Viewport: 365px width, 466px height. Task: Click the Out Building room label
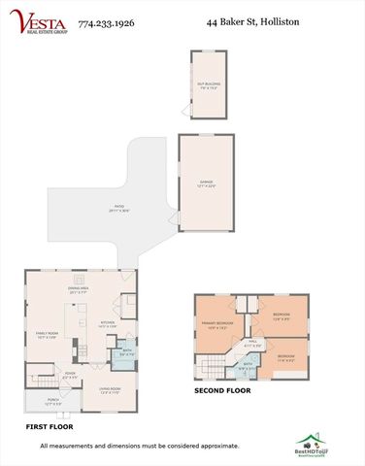[x=208, y=84]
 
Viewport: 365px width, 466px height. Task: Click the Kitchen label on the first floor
[x=108, y=323]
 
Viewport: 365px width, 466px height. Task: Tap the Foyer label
[x=70, y=373]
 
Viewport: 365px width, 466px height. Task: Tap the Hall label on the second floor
[x=251, y=342]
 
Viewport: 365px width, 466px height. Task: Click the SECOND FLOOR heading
[x=221, y=391]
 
